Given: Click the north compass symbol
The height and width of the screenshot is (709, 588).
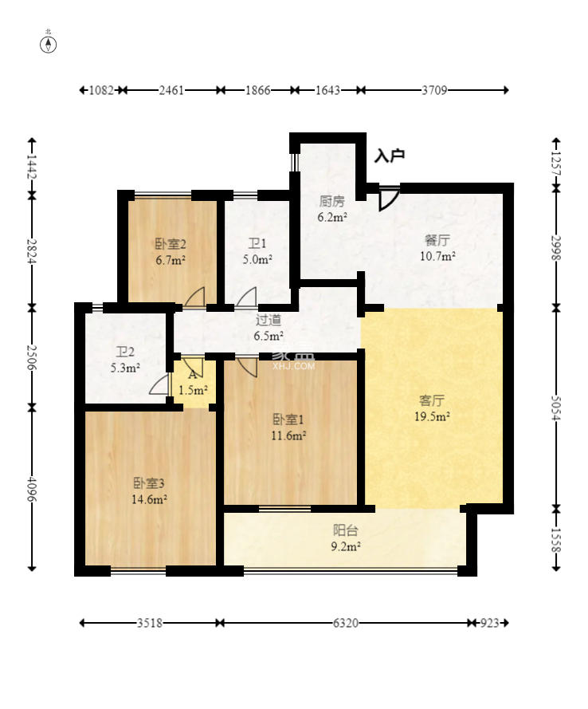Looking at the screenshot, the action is tap(49, 45).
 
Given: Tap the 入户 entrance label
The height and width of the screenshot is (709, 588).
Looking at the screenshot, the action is tap(390, 156).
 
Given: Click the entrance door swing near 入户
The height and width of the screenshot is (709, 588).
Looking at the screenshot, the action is tap(387, 199).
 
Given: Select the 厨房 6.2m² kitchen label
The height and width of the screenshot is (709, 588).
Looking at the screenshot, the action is tap(332, 209).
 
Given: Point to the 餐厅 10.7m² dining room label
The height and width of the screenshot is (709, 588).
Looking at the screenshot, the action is tap(437, 248).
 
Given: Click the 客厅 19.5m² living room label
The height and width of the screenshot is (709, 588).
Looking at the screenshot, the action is tap(432, 408).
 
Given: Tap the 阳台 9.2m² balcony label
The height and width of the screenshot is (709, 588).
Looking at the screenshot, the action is tap(346, 538).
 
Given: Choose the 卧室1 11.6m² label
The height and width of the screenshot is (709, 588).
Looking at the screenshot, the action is tap(288, 427).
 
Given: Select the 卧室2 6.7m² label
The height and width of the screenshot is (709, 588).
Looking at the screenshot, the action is tap(171, 252).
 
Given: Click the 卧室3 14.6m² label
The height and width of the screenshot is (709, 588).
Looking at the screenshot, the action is tap(149, 491).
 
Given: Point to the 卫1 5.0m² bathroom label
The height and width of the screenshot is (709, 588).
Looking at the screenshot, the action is tap(257, 251).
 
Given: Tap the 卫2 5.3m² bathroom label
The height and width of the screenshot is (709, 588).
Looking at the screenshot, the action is tap(125, 360).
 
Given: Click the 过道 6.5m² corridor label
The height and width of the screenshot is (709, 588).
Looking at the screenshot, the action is tap(269, 328).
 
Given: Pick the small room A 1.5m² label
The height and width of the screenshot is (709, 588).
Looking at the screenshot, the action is tap(193, 382).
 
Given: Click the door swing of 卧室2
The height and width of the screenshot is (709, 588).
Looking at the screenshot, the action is tap(194, 297).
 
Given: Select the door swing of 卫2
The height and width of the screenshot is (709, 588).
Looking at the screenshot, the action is tap(159, 384).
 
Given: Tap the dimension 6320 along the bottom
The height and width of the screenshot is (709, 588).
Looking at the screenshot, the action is tap(346, 623).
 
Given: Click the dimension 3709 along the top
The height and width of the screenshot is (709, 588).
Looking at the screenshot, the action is tap(434, 90).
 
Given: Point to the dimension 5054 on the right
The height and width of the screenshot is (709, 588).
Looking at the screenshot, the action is tap(556, 408).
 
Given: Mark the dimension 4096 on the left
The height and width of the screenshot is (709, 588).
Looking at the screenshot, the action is tap(32, 489).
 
